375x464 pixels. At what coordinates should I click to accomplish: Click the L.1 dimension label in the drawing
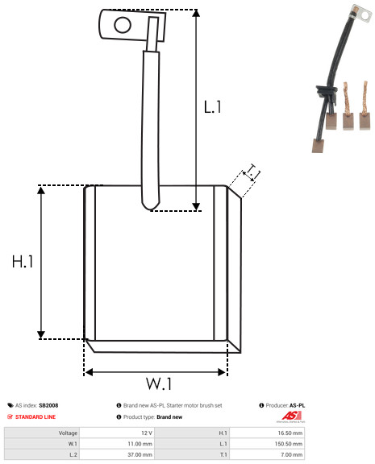pos(212,107)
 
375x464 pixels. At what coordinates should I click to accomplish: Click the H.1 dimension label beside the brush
pos(23,262)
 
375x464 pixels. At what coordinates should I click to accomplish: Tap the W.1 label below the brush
pos(159,383)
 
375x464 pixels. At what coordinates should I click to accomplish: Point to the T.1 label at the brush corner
pos(252,173)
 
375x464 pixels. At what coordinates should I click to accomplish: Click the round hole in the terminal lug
pos(123,25)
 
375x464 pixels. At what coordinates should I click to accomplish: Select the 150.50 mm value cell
pos(289,444)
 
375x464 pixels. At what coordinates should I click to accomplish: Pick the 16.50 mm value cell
pos(290,433)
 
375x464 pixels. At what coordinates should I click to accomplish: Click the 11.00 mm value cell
pos(140,444)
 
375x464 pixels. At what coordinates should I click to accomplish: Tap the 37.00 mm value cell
pos(140,454)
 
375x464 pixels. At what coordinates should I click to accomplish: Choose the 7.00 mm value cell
pos(291,454)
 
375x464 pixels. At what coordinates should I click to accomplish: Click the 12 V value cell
pos(147,433)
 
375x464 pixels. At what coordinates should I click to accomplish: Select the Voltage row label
pos(68,433)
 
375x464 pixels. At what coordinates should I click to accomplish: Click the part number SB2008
pos(48,405)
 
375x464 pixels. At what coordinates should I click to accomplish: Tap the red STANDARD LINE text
pos(35,417)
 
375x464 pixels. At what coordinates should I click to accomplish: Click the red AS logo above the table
pos(291,416)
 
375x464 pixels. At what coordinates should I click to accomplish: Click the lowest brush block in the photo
pos(318,146)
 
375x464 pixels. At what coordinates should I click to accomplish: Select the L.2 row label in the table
pos(73,454)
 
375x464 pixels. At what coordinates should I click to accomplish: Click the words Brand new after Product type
pos(169,417)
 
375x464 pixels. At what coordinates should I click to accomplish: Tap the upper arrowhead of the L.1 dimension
pos(196,12)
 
